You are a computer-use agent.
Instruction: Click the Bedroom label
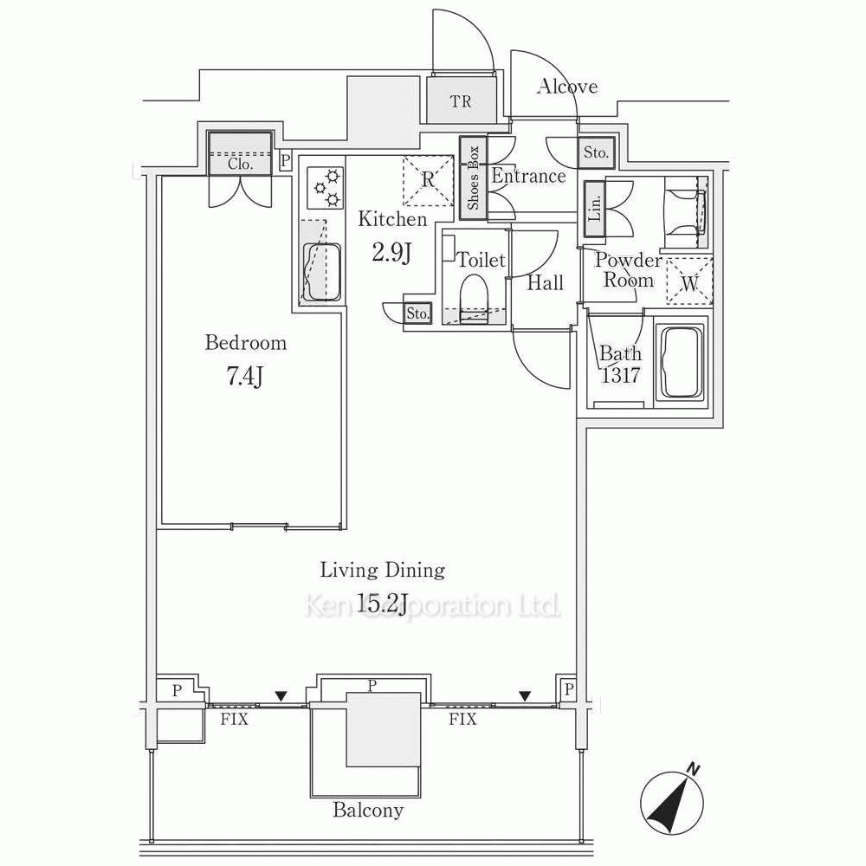coord(246,343)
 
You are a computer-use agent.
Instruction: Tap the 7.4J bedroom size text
coord(243,378)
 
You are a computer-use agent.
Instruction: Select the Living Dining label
coord(382,570)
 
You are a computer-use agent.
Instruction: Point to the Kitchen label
coord(392,219)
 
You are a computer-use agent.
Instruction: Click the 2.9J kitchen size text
coord(391,254)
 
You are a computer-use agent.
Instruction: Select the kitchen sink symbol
coord(321,270)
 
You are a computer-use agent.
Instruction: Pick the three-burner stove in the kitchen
coord(325,188)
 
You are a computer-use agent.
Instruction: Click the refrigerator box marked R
coord(428,180)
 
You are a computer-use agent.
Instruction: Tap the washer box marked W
coord(689,282)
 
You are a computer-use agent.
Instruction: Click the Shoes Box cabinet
coord(474,178)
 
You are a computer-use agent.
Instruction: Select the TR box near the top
coord(462,100)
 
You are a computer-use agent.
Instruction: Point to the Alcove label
coord(567,86)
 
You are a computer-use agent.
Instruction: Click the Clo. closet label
coord(240,164)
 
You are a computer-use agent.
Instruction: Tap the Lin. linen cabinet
coord(595,209)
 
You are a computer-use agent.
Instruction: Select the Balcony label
coord(368,811)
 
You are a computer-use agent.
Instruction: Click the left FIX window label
coord(234,720)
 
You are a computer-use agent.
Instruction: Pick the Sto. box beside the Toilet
coord(417,313)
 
